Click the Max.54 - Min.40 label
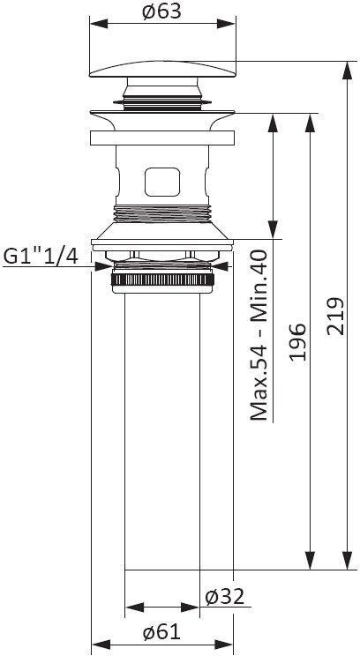click(x=260, y=335)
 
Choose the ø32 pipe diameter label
click(x=223, y=596)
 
